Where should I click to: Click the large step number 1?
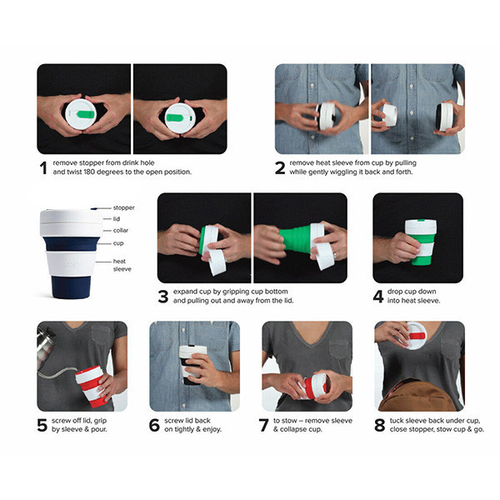click(43, 167)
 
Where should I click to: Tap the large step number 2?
click(280, 167)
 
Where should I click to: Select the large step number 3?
click(163, 297)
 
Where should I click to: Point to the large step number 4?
click(378, 297)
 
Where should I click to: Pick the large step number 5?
click(42, 425)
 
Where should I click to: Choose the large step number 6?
click(154, 425)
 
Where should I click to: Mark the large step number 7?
click(263, 425)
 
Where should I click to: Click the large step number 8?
click(379, 425)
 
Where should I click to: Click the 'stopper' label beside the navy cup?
click(123, 207)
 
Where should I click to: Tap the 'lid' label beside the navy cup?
click(117, 218)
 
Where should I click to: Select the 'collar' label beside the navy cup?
click(121, 230)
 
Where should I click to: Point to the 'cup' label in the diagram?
click(118, 243)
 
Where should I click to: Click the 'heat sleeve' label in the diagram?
click(122, 265)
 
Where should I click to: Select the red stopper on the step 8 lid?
click(417, 336)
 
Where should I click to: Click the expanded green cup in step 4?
click(421, 242)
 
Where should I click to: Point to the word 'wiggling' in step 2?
click(347, 172)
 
